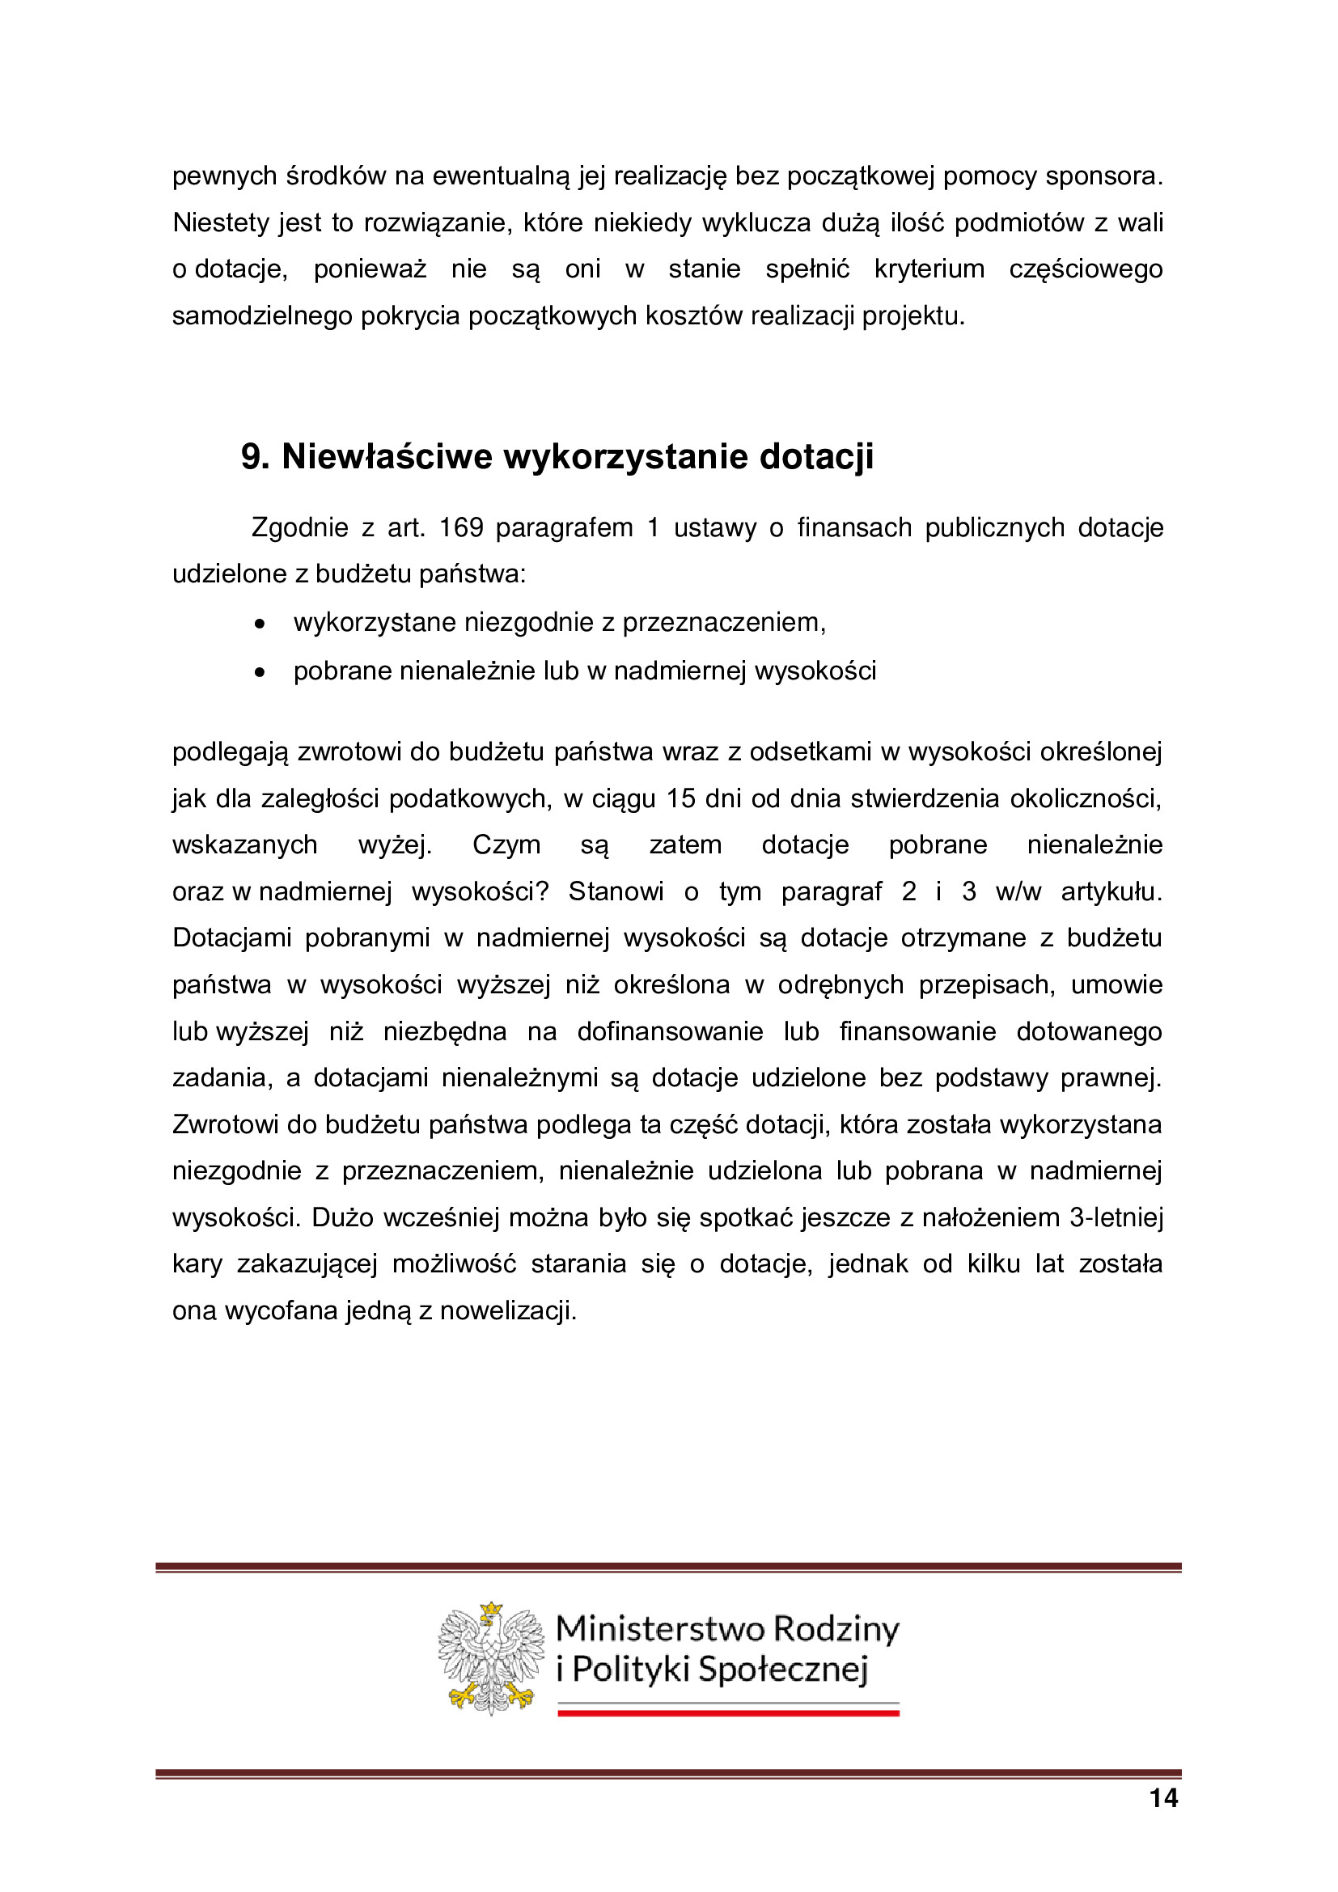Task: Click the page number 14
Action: tap(1163, 1798)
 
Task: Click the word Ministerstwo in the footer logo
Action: tap(661, 1629)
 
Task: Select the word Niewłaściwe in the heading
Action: tap(387, 456)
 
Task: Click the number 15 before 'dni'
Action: tap(680, 798)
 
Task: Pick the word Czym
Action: tap(506, 844)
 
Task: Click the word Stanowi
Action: tap(616, 891)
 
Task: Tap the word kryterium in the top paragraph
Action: tap(929, 269)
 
